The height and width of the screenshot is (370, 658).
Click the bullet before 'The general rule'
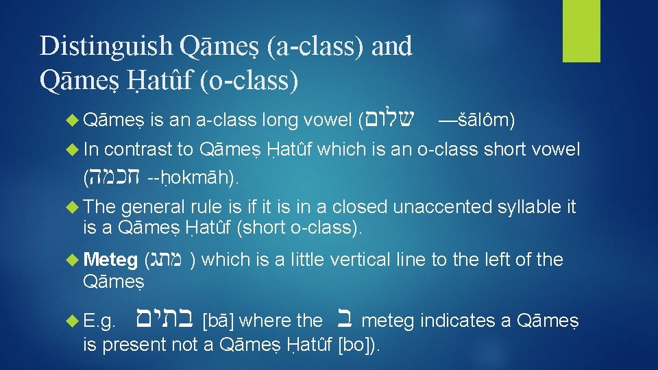click(x=74, y=206)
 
